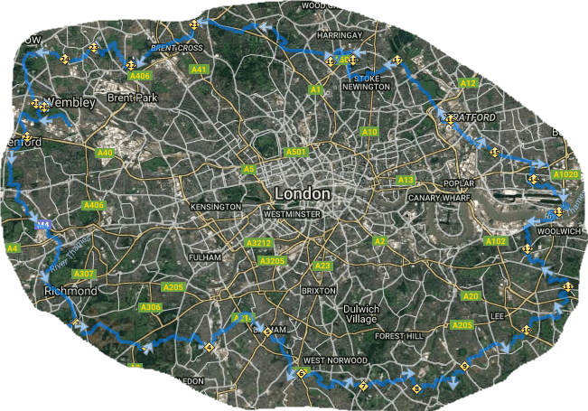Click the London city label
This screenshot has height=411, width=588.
pyautogui.click(x=302, y=194)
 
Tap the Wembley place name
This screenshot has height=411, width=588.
pyautogui.click(x=69, y=103)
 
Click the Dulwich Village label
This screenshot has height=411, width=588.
pyautogui.click(x=365, y=314)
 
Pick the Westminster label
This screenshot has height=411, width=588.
pyautogui.click(x=292, y=215)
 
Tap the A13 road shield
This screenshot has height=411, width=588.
pyautogui.click(x=406, y=181)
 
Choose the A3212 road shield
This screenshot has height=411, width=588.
pyautogui.click(x=259, y=244)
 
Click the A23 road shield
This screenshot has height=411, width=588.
pyautogui.click(x=322, y=266)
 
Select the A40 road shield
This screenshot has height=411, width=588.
pyautogui.click(x=105, y=154)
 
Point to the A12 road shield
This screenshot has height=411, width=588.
pyautogui.click(x=467, y=83)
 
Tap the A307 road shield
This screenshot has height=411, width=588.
pyautogui.click(x=84, y=274)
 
